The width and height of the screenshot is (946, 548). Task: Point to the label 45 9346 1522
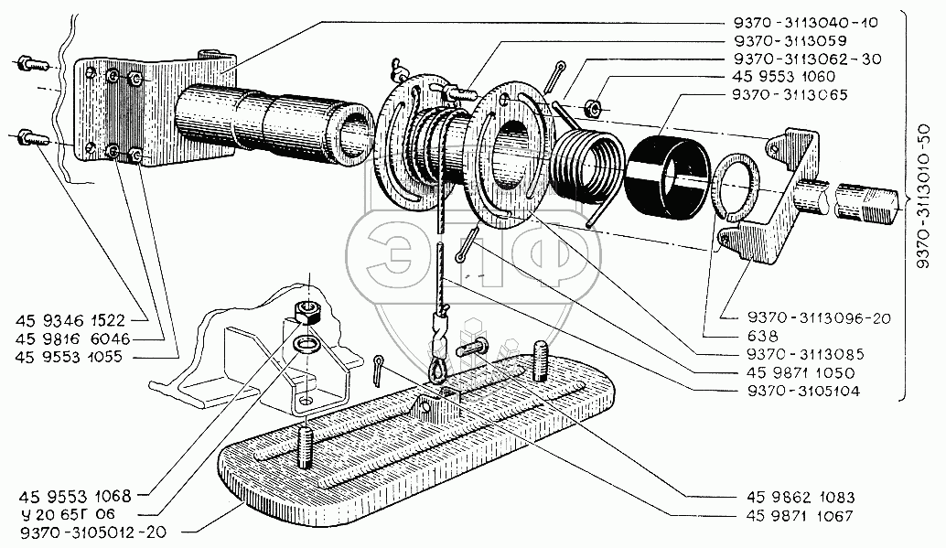[x=75, y=320]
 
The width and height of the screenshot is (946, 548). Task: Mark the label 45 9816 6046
[x=75, y=338]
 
